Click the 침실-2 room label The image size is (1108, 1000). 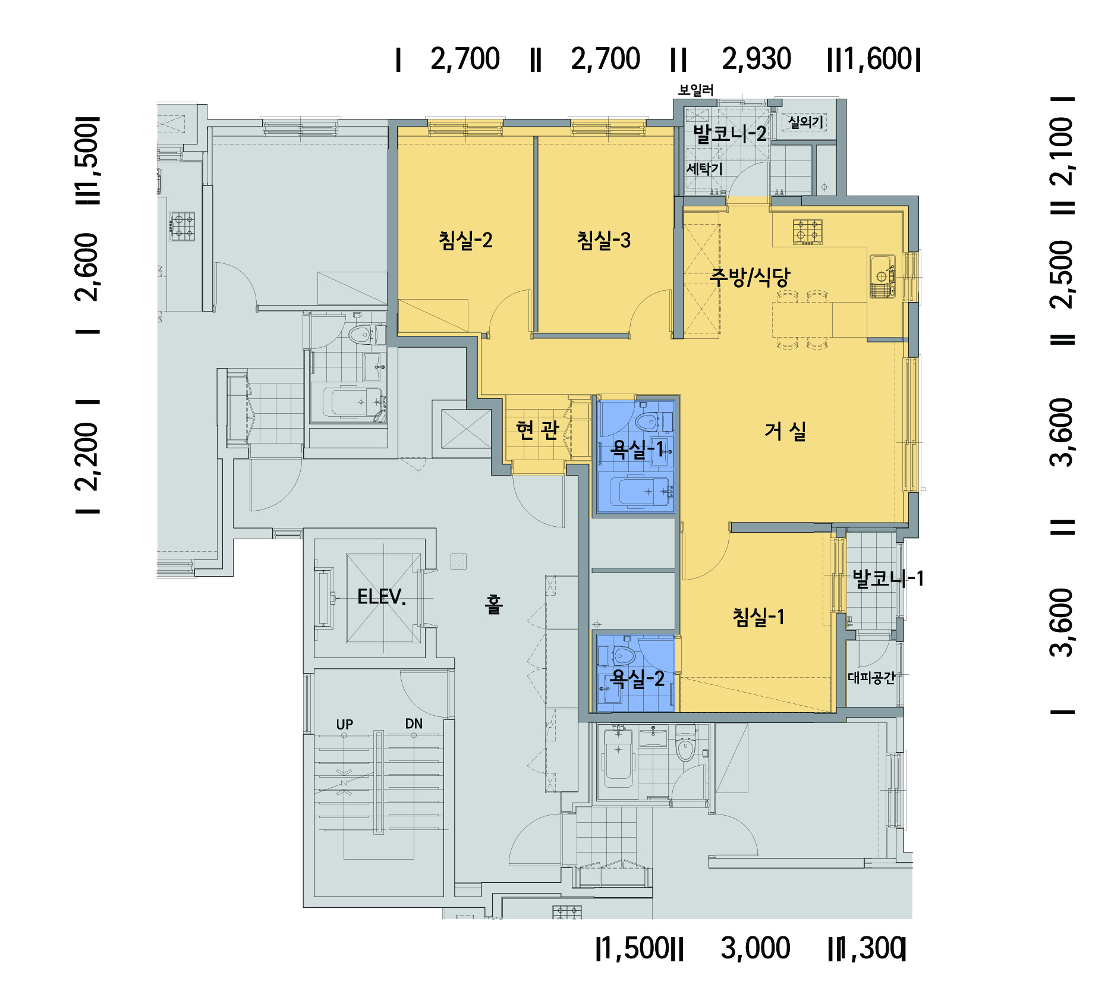pos(465,240)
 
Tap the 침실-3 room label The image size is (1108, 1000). pos(604,240)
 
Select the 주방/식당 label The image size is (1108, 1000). pos(750,276)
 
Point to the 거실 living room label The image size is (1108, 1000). pos(785,431)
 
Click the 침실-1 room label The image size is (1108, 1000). pos(758,617)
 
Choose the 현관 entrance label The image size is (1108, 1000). pos(537,429)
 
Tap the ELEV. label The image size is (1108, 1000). pos(382,597)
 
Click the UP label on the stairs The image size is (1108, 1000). pos(345,724)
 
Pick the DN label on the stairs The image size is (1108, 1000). pos(414,724)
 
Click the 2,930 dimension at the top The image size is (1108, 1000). pos(757,59)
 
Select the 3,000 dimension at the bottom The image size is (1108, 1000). pos(756,948)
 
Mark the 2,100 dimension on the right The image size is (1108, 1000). pos(1062,151)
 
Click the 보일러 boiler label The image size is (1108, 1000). pos(696,90)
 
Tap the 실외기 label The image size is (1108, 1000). pos(806,122)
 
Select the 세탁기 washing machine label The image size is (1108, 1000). pos(704,169)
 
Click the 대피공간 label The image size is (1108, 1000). pos(871,678)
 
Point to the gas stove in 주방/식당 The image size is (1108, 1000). pos(808,232)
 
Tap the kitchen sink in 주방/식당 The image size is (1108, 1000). pos(882,276)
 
